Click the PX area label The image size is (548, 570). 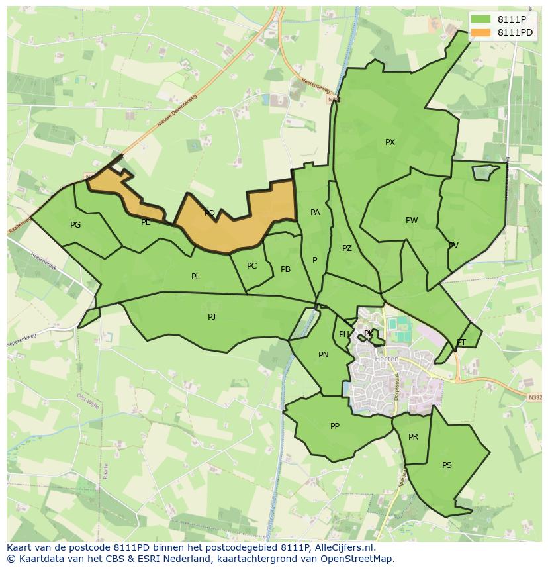tap(390, 142)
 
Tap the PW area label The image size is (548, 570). tap(412, 220)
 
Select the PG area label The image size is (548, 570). tap(75, 225)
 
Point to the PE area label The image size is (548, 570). tap(146, 222)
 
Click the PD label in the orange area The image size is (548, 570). tap(210, 213)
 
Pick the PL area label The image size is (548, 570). tap(195, 277)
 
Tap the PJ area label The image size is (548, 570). tap(212, 317)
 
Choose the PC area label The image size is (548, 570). tap(251, 266)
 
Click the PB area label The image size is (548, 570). tap(285, 269)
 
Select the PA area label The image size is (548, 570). tap(315, 213)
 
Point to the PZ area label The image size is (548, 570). tap(347, 248)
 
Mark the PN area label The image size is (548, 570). tap(324, 355)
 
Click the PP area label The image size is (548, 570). tap(335, 426)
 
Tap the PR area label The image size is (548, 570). tap(413, 437)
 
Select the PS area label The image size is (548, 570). tap(447, 465)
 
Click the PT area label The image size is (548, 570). tap(461, 342)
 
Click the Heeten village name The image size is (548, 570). tap(387, 359)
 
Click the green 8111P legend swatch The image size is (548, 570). tap(480, 19)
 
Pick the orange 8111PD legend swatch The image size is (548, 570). tap(480, 32)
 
